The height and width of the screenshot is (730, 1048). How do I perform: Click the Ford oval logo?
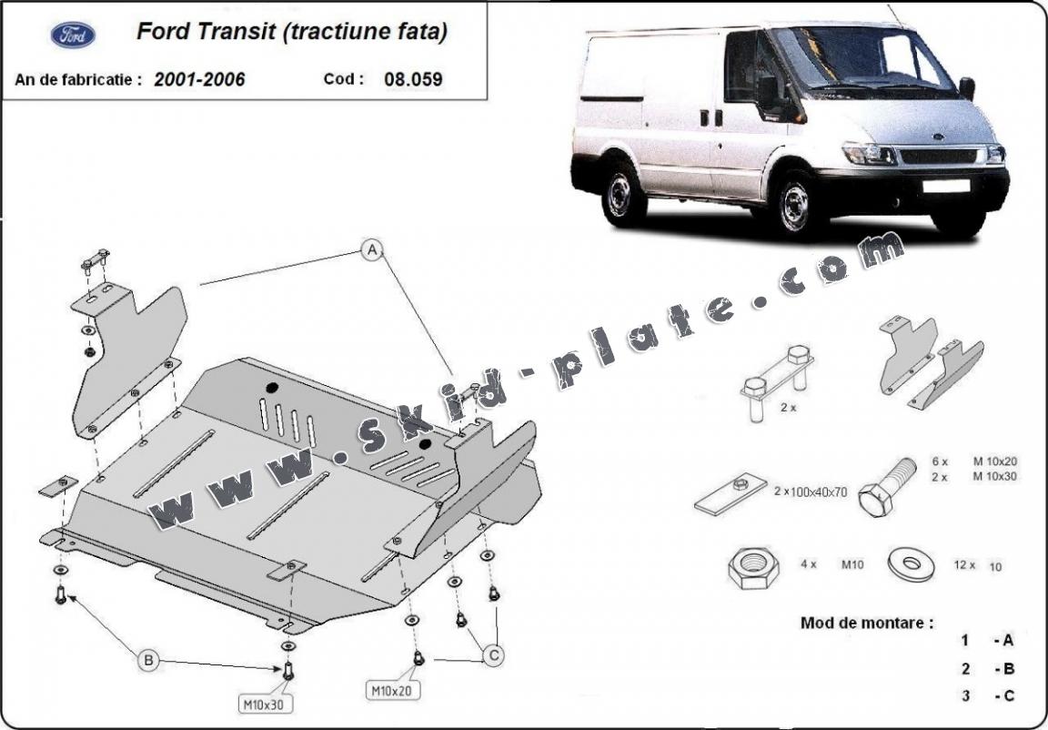73,35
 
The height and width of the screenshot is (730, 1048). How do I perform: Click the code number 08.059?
413,79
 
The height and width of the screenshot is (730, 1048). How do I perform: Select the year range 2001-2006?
199,79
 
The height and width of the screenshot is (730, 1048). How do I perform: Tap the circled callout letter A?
371,249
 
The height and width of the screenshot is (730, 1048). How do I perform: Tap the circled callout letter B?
149,660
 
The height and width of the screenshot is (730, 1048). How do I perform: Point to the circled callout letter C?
494,654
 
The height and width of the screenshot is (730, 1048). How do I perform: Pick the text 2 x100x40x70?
810,492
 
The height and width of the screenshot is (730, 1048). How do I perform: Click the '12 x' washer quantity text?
964,565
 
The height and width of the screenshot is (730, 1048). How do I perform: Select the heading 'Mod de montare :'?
867,624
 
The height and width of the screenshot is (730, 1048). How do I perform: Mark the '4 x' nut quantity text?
808,564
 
